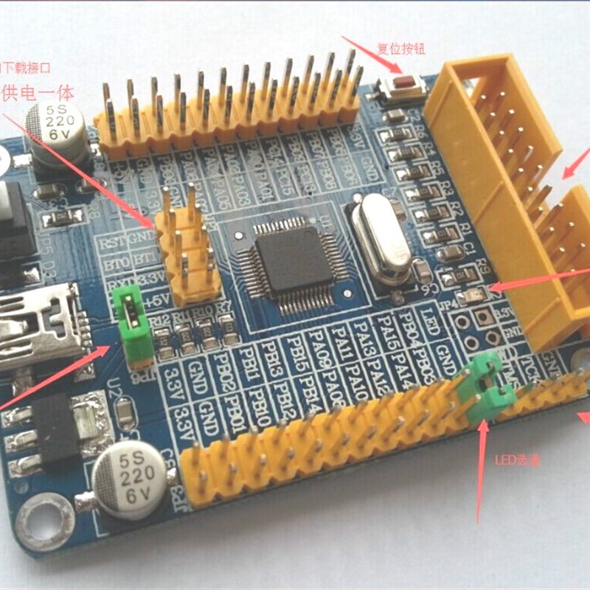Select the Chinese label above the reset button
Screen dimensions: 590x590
401,49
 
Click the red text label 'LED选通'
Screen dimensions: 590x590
517,459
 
